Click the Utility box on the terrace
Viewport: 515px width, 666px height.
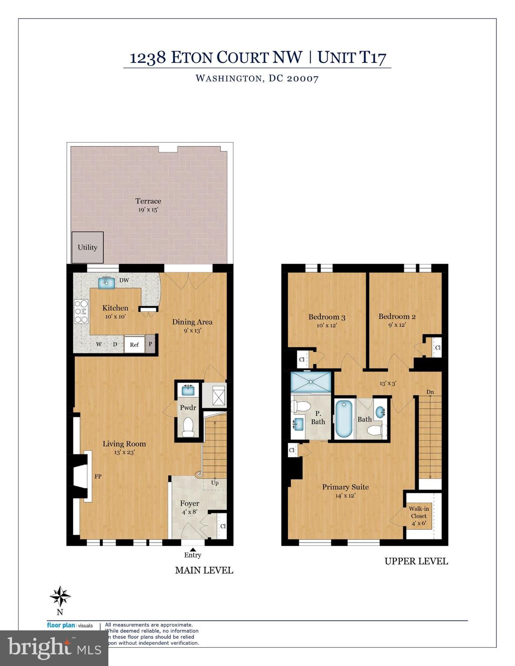87,247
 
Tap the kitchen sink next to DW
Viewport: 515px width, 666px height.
106,283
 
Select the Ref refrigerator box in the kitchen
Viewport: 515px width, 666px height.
134,344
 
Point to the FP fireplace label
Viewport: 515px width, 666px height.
98,476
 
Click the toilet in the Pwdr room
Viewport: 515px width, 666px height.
188,427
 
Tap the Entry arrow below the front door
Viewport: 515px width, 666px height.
193,549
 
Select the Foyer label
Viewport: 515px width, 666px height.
190,503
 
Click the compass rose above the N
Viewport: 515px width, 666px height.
60,597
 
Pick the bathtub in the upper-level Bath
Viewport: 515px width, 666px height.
344,419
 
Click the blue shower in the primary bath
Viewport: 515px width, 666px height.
310,382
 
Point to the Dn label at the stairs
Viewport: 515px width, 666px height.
430,392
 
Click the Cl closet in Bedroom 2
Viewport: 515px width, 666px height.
437,348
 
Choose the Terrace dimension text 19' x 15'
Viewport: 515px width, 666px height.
148,210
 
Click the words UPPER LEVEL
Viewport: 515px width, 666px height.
416,561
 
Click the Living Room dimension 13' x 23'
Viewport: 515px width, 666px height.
124,452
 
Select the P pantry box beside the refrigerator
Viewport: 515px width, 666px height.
151,344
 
